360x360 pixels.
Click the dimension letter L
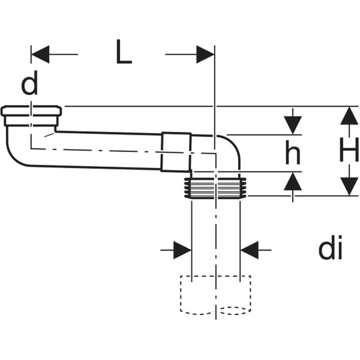pyautogui.click(x=124, y=52)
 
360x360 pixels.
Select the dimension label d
pyautogui.click(x=30, y=83)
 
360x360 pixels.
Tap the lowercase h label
pyautogui.click(x=293, y=153)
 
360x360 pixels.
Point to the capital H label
pyautogui.click(x=349, y=149)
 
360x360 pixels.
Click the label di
pyautogui.click(x=330, y=248)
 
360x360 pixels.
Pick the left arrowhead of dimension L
pyautogui.click(x=40, y=55)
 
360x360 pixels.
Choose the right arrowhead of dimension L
pyautogui.click(x=205, y=55)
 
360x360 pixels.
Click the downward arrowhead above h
pyautogui.click(x=293, y=125)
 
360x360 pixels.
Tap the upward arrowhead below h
pyautogui.click(x=293, y=181)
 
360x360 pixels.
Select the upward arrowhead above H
pyautogui.click(x=349, y=116)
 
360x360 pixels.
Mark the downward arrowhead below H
pyautogui.click(x=349, y=186)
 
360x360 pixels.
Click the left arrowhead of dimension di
pyautogui.click(x=182, y=250)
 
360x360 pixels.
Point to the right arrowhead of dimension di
pyautogui.click(x=250, y=250)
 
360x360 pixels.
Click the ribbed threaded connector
pyautogui.click(x=215, y=188)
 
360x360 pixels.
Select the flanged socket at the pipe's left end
pyautogui.click(x=31, y=116)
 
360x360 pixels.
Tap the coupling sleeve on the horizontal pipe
pyautogui.click(x=176, y=152)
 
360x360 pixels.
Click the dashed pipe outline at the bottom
pyautogui.click(x=215, y=295)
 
